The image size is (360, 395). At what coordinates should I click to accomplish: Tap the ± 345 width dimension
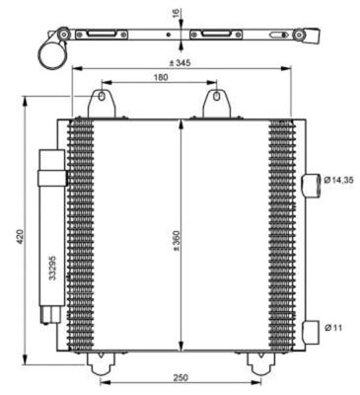[180, 62]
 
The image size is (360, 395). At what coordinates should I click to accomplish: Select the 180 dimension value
[160, 77]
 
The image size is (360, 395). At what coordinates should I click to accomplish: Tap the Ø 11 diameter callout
[336, 327]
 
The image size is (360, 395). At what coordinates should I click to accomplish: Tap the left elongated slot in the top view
[107, 37]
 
